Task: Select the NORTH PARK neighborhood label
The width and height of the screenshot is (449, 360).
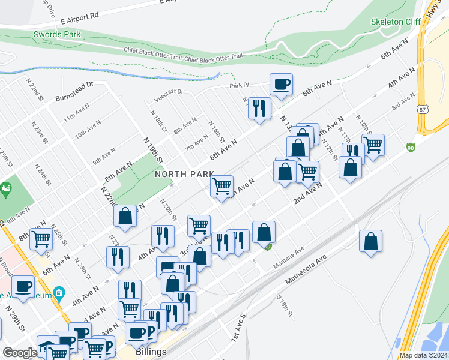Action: coord(184,174)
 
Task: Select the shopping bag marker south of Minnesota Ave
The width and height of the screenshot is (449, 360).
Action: coord(371,241)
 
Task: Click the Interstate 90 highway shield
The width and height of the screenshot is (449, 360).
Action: coord(411,147)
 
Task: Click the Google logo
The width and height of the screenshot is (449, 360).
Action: coord(20,353)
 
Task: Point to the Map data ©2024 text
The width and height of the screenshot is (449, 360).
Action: coord(423,355)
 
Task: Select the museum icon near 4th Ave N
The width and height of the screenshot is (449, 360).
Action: coord(59,293)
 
